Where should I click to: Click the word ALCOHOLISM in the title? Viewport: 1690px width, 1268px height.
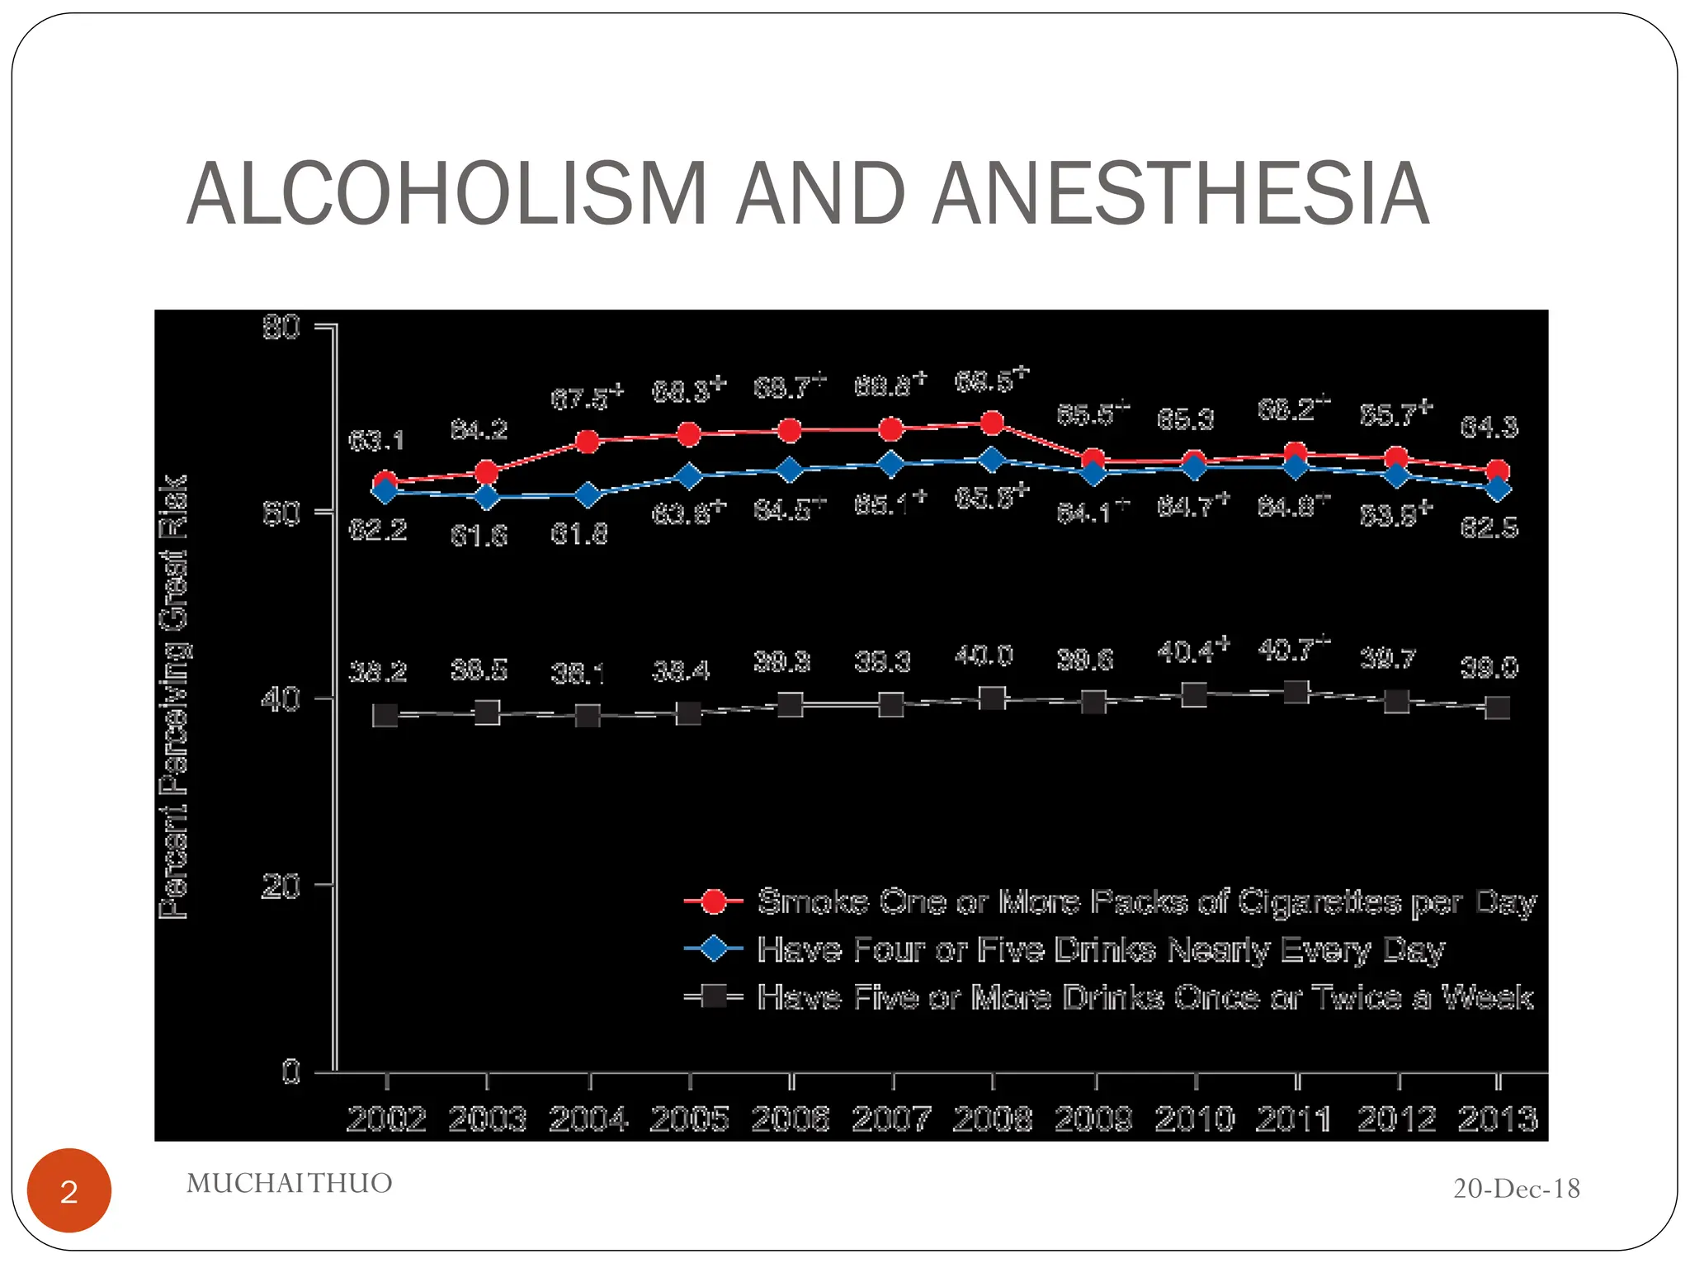pyautogui.click(x=446, y=194)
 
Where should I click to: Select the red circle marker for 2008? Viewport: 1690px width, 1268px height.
pyautogui.click(x=992, y=423)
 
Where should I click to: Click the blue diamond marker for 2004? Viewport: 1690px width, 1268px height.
pyautogui.click(x=588, y=495)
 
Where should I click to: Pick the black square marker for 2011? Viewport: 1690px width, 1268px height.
pyautogui.click(x=1296, y=692)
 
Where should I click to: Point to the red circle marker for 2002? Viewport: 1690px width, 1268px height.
pyautogui.click(x=385, y=481)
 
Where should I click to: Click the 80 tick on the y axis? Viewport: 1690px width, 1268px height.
pyautogui.click(x=281, y=328)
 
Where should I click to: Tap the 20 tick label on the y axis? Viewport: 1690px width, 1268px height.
pyautogui.click(x=281, y=887)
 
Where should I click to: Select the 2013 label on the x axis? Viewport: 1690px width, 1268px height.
pyautogui.click(x=1497, y=1119)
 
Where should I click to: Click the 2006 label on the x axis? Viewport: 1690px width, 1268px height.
pyautogui.click(x=790, y=1119)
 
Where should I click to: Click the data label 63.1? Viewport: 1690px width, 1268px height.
pyautogui.click(x=376, y=441)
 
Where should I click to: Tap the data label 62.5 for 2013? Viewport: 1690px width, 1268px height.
pyautogui.click(x=1489, y=528)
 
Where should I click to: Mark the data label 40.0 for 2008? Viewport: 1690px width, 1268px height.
pyautogui.click(x=984, y=656)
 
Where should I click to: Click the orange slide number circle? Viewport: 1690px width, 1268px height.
pyautogui.click(x=69, y=1190)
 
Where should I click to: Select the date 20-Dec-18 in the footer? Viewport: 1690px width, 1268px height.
pyautogui.click(x=1516, y=1189)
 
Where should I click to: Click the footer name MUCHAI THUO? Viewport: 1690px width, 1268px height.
pyautogui.click(x=289, y=1183)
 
